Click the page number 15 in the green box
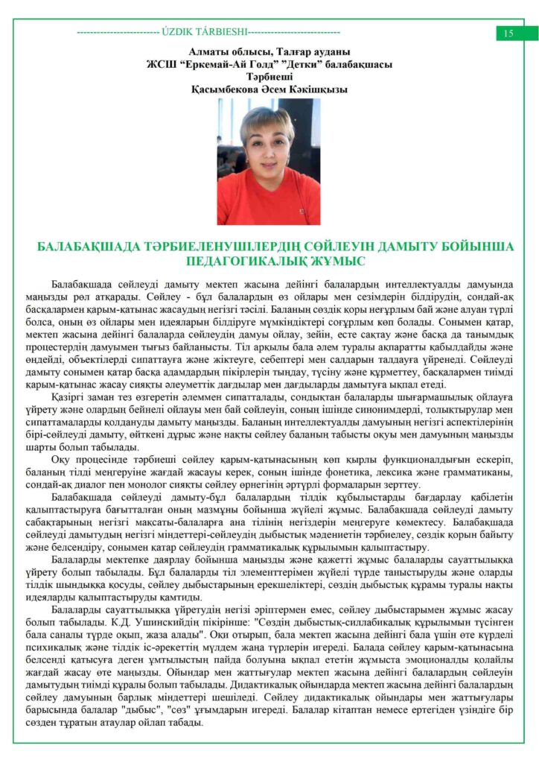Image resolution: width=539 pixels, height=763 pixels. [508, 33]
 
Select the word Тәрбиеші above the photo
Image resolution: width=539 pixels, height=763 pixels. [269, 76]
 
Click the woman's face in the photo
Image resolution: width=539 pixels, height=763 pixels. [266, 141]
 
